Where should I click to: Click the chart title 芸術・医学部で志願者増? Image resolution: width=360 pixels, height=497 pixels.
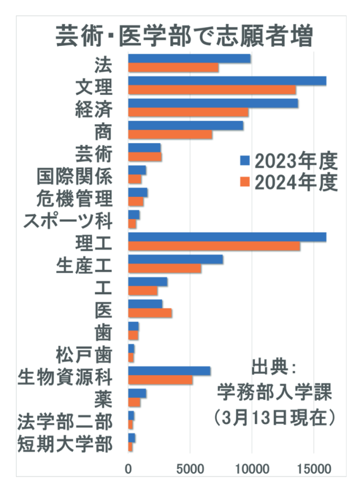pos(183,35)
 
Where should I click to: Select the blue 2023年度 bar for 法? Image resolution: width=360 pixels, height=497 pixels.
pos(189,59)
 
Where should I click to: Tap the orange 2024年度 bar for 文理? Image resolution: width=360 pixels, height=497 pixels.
pos(212,90)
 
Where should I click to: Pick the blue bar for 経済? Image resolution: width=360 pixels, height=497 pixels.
pos(213,103)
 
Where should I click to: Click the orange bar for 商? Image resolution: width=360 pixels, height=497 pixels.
pos(170,135)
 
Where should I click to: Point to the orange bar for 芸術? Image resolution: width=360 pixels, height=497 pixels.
pos(145,157)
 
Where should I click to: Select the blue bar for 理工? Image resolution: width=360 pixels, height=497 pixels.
pos(227,237)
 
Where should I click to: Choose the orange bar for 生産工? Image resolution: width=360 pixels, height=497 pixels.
pos(165,268)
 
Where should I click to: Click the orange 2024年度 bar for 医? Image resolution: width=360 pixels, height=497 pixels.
pos(150,313)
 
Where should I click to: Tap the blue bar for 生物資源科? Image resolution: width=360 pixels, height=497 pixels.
pos(169,371)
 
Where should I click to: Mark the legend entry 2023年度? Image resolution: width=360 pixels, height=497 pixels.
pos(288,161)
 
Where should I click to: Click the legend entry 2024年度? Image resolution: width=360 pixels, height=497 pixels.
pos(288,183)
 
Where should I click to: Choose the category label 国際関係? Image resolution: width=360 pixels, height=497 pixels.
pos(75,175)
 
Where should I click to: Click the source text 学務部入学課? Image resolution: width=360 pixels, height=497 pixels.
pos(274,393)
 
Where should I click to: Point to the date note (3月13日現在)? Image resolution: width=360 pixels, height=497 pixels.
pos(274,416)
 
